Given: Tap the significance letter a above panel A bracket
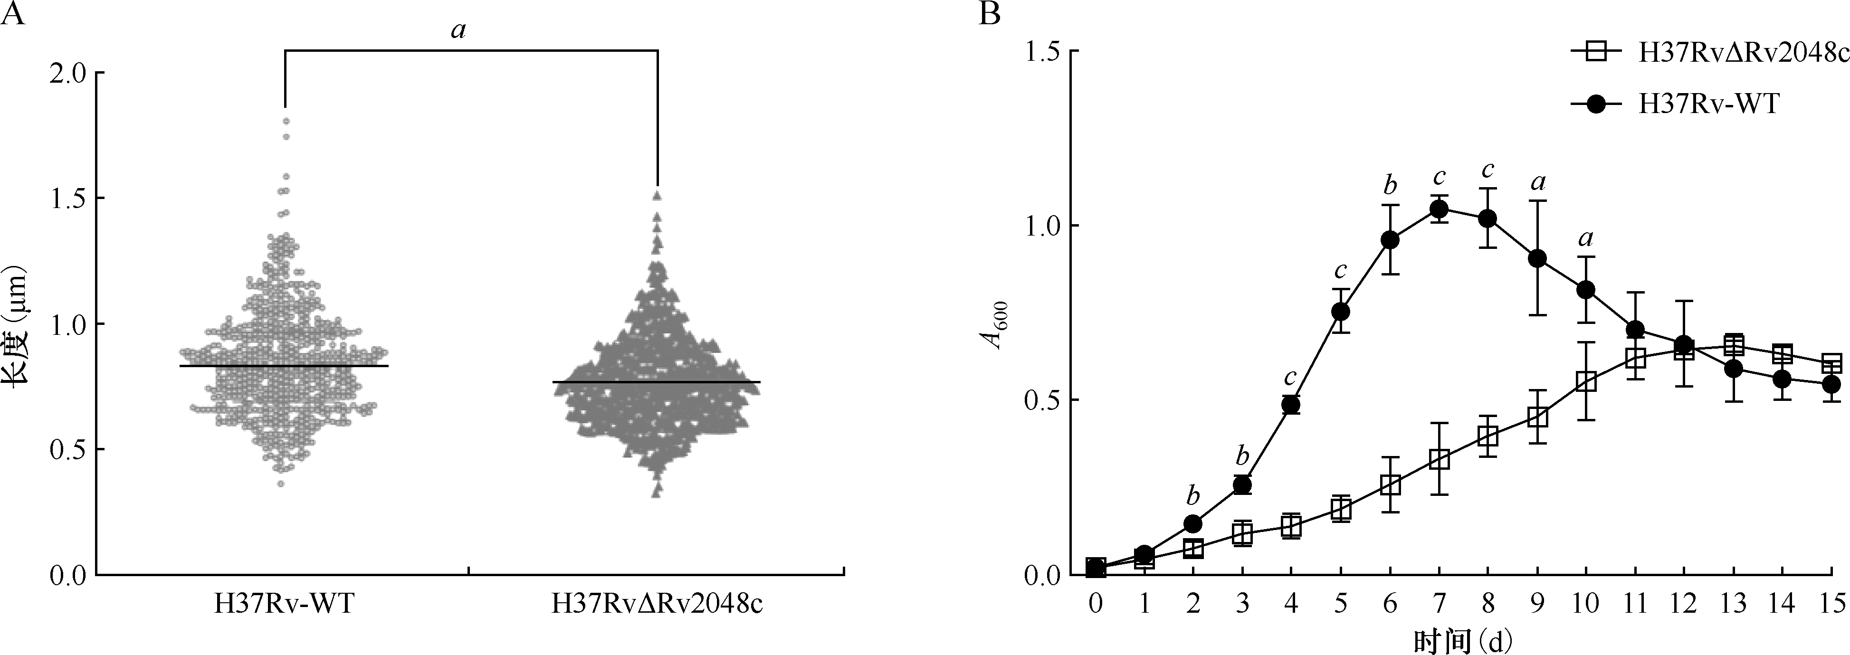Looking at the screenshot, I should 458,30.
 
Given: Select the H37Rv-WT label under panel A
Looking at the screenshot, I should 285,605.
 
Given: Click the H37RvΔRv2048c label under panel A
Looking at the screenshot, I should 657,605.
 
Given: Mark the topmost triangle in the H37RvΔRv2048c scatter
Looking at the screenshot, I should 657,195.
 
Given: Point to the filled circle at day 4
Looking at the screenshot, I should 1290,405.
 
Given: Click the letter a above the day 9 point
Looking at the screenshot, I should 1537,183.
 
